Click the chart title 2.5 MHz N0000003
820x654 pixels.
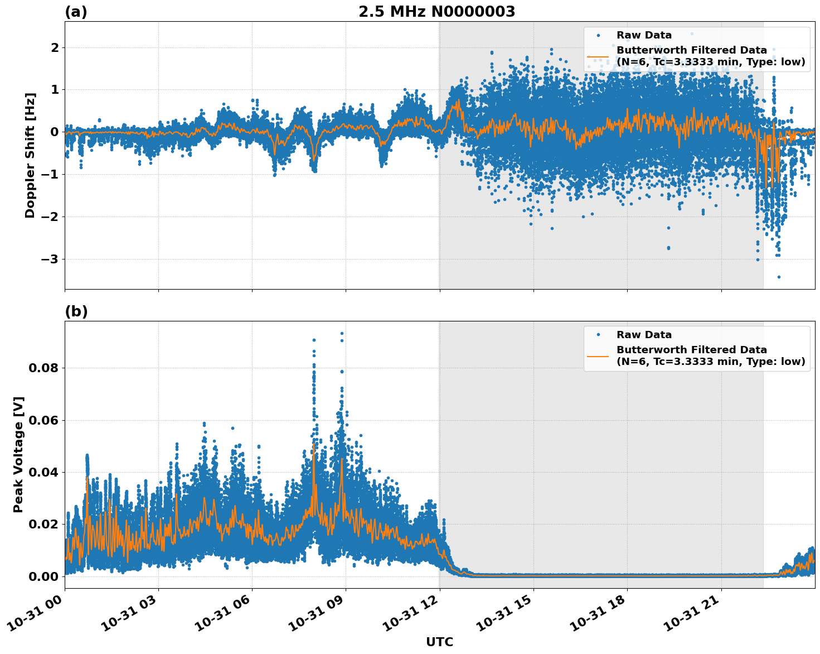436,11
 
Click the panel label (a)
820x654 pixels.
76,12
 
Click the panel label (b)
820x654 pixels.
76,311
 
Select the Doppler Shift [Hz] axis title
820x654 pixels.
30,155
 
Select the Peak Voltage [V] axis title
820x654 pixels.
18,454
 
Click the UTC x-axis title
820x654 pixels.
439,642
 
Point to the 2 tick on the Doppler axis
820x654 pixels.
55,48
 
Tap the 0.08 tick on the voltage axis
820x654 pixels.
43,368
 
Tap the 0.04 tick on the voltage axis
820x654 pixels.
43,473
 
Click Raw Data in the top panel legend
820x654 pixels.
644,35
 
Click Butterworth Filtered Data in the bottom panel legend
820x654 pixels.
691,350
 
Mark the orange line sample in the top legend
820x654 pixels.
598,56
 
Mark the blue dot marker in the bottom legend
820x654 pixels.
598,335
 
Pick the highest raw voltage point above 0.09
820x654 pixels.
342,333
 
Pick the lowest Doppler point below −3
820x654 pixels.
779,277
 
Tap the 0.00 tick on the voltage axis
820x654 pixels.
43,576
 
